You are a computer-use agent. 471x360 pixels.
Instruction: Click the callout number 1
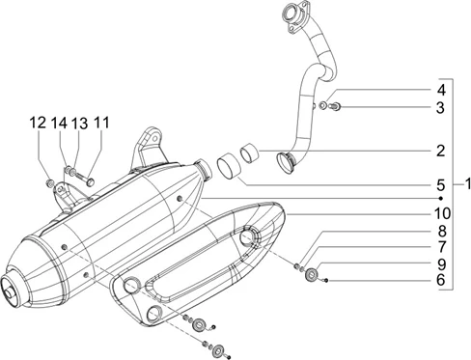[x=467, y=184]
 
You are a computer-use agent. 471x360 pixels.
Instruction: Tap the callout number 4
[x=441, y=91]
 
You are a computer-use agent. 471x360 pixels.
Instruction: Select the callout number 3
[x=440, y=108]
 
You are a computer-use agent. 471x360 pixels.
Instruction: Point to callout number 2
[x=440, y=151]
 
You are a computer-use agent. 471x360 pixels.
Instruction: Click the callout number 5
[x=440, y=185]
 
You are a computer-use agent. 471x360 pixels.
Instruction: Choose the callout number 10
[x=442, y=213]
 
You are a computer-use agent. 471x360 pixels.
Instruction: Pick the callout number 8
[x=441, y=231]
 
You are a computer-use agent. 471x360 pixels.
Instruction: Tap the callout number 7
[x=441, y=247]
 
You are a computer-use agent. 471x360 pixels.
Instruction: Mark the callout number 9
[x=441, y=264]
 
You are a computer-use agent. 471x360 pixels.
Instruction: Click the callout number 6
[x=441, y=280]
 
